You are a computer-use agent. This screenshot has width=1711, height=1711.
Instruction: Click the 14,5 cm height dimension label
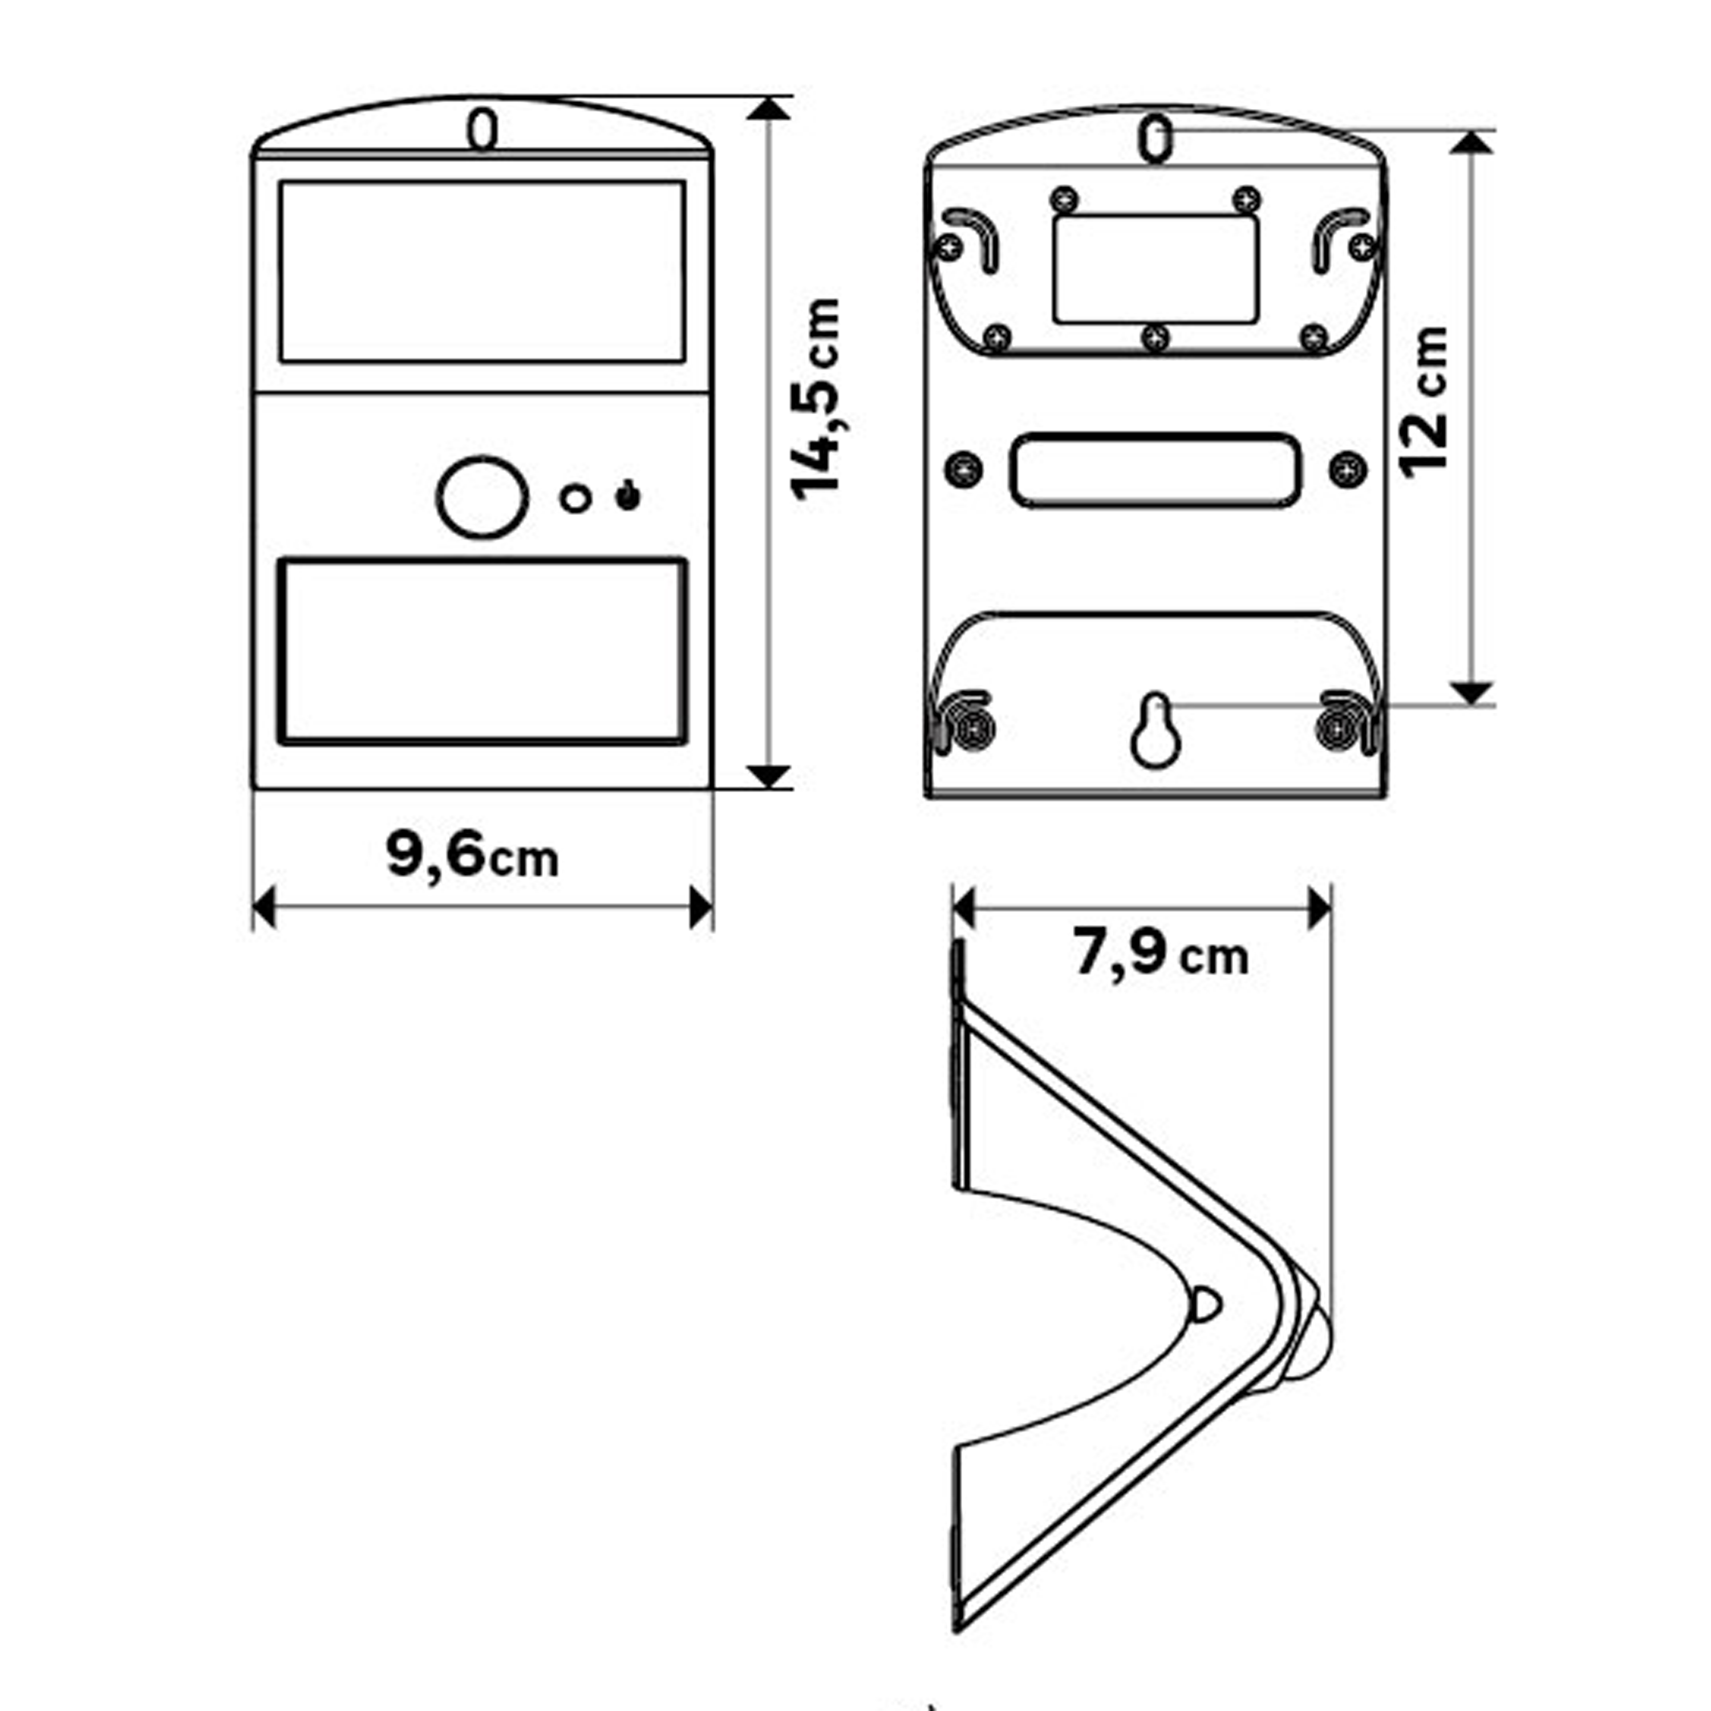coord(816,399)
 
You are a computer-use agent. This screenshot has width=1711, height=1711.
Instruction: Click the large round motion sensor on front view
coord(483,497)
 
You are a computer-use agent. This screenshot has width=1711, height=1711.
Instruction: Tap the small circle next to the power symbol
coord(575,498)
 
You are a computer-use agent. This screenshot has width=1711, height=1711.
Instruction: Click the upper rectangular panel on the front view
coord(483,272)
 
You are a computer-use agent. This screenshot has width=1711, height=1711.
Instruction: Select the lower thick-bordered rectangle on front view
coord(483,651)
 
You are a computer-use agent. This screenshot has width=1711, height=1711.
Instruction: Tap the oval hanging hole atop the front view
coord(483,130)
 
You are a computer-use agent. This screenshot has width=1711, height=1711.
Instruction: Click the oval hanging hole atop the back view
coord(1155,140)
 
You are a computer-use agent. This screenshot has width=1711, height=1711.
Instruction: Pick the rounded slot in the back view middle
coord(1155,471)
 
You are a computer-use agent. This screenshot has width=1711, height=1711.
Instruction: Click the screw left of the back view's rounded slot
coord(963,468)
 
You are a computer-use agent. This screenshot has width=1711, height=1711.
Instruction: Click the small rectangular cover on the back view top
coord(1155,268)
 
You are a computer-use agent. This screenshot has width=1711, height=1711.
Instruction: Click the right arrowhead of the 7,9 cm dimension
coord(1320,910)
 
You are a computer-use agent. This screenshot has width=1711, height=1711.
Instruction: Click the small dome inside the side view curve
coord(1206,1304)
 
